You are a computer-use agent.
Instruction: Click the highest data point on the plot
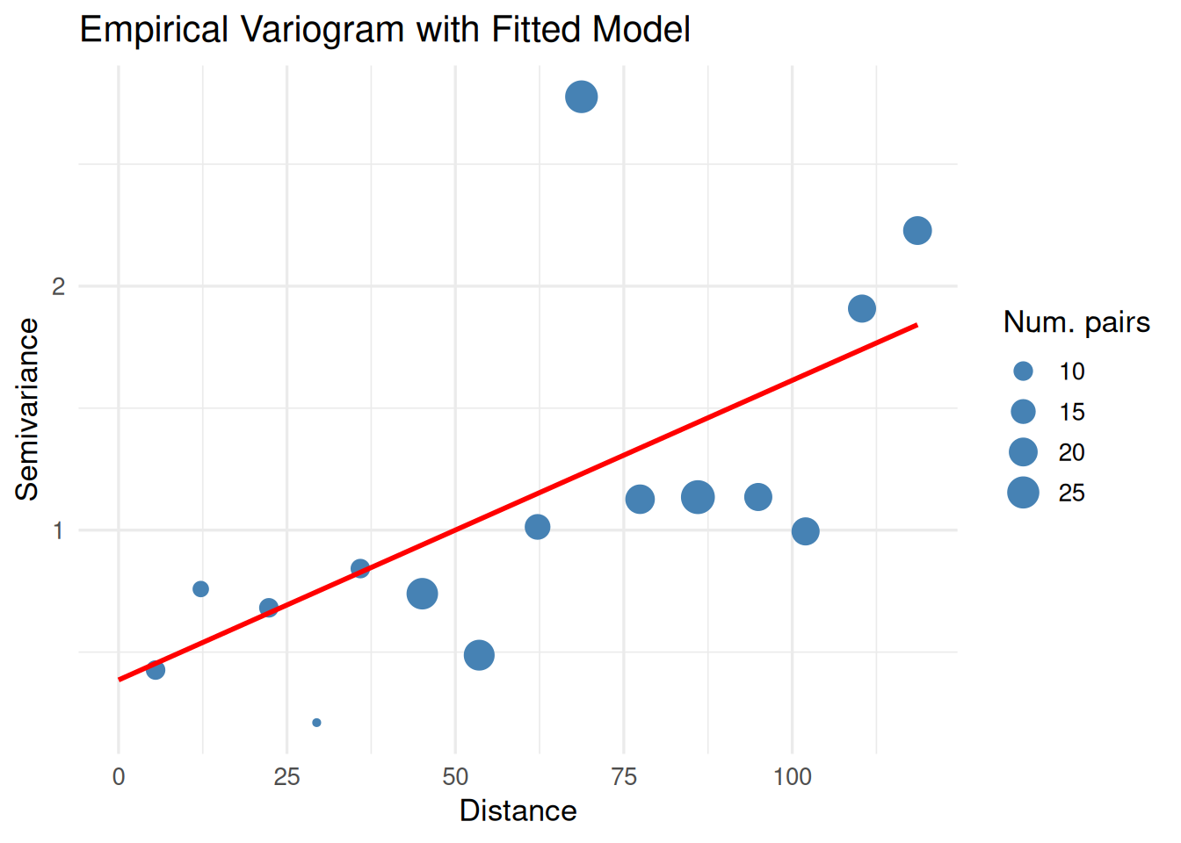[581, 97]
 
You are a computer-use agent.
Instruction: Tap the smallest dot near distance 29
[316, 723]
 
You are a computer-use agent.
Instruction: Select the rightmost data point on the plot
[917, 231]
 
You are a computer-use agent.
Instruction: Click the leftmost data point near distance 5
[156, 670]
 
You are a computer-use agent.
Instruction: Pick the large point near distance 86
[698, 497]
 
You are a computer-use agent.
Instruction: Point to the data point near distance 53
[479, 655]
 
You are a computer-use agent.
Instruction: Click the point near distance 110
[862, 308]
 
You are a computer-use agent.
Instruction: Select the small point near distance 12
[200, 589]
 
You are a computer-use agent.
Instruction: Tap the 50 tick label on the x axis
[455, 777]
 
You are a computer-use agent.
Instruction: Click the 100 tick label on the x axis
[792, 777]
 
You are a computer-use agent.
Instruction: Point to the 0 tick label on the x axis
[119, 777]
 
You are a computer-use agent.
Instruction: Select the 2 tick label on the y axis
[59, 286]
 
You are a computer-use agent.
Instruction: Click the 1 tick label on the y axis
[59, 530]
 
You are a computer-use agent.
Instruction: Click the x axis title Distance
[518, 811]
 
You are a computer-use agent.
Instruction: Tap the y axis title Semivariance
[27, 409]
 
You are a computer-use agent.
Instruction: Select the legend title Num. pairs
[1076, 322]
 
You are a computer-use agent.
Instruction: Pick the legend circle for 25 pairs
[1023, 493]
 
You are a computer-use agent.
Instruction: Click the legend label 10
[1071, 371]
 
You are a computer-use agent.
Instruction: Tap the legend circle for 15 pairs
[1023, 412]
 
